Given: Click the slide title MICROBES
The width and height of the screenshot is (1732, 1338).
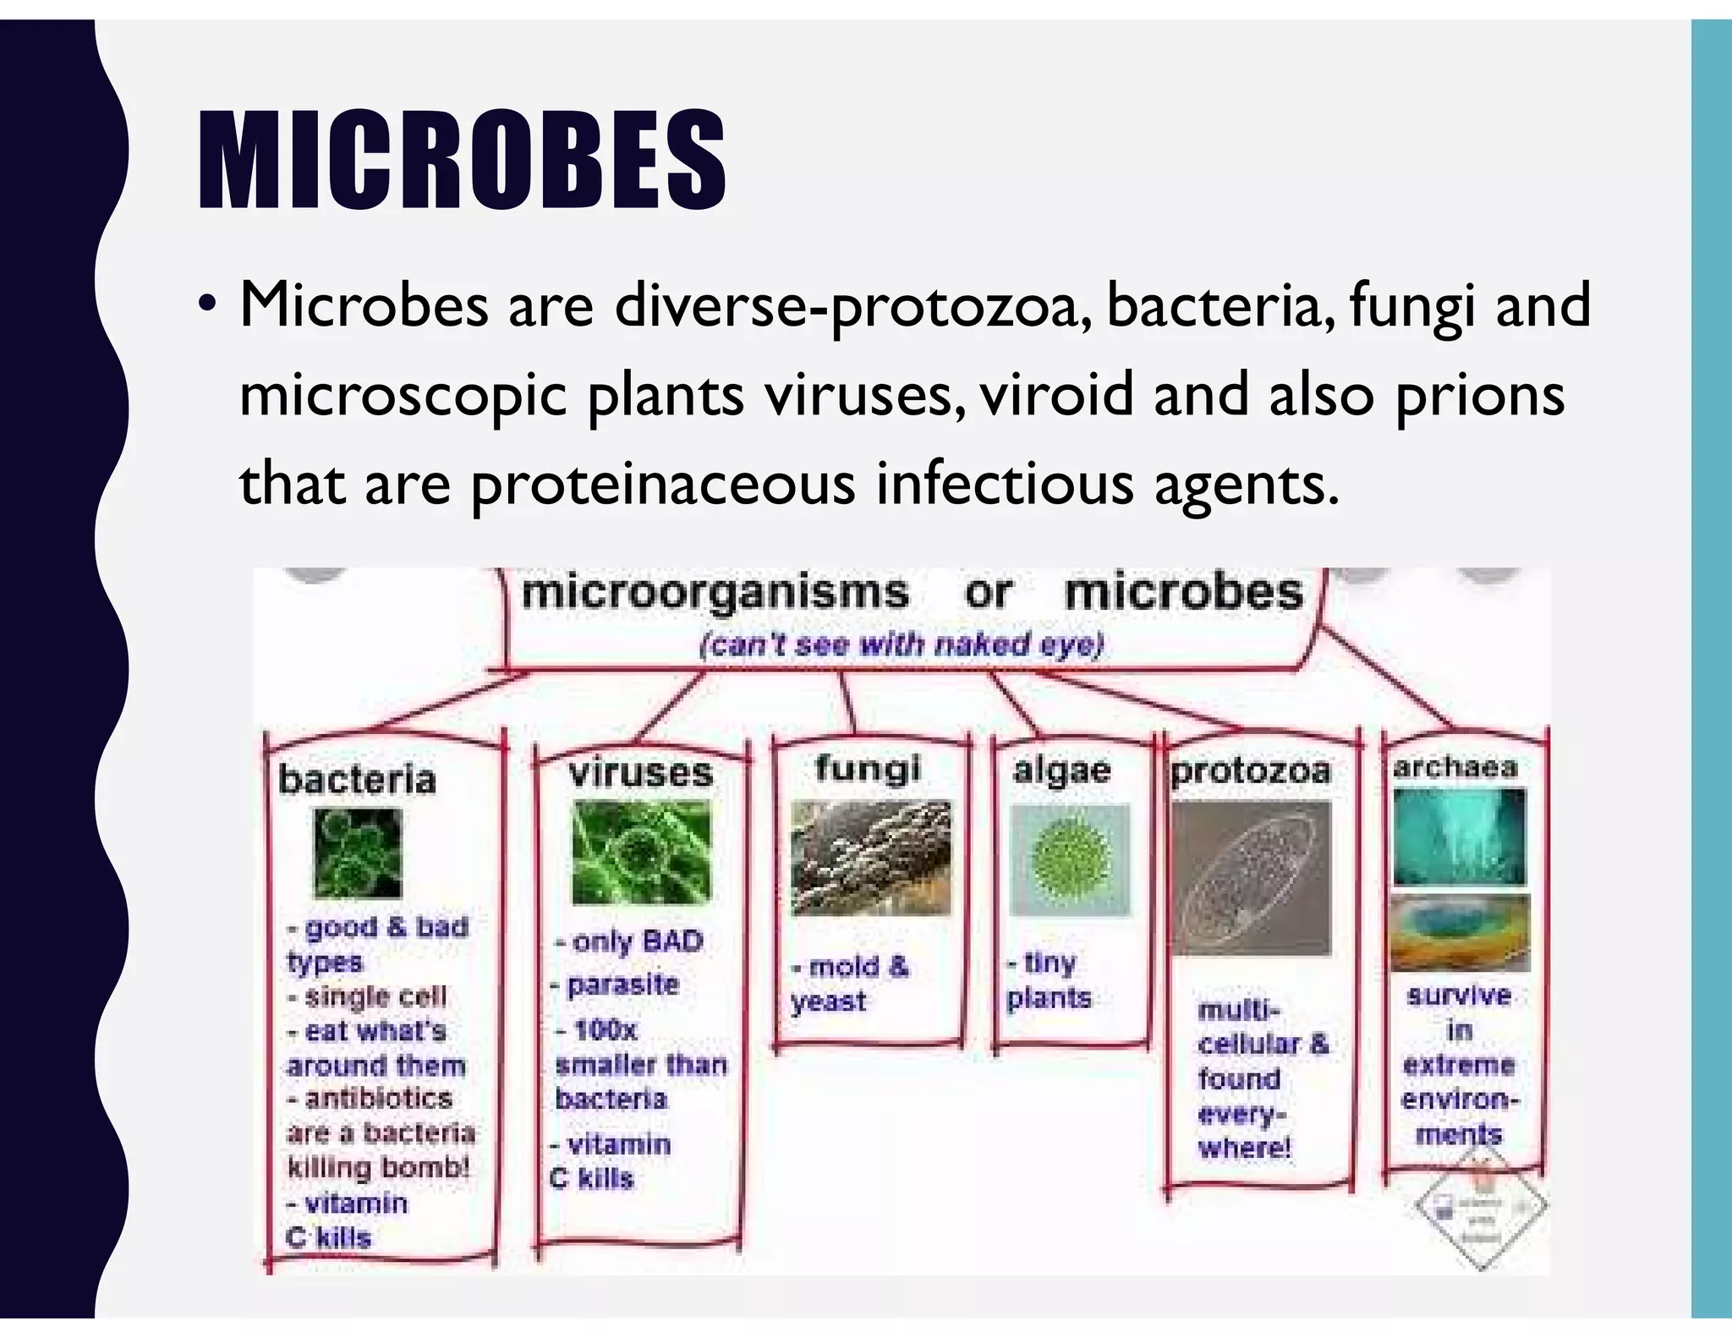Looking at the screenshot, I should (x=462, y=161).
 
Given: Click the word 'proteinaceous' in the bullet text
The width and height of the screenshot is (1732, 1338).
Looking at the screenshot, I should (x=662, y=485).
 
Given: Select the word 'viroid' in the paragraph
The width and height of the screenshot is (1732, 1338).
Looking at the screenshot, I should (x=1056, y=394).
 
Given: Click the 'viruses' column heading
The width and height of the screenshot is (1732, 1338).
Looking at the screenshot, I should (x=641, y=773).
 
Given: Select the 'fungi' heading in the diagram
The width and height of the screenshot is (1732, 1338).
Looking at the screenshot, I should (x=868, y=768).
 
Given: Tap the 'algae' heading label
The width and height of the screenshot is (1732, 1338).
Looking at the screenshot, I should (x=1062, y=770).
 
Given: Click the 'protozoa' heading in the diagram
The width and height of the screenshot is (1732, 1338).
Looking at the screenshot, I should (x=1251, y=770).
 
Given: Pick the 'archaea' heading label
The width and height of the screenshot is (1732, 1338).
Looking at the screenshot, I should (x=1455, y=767).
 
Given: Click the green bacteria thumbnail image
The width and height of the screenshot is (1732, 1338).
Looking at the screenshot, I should (x=358, y=853).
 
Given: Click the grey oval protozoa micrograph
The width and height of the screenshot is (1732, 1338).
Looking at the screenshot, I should (x=1251, y=878).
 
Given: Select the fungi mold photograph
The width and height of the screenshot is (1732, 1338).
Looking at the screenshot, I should (x=870, y=858).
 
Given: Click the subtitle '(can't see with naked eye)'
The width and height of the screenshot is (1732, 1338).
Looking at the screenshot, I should (x=902, y=645).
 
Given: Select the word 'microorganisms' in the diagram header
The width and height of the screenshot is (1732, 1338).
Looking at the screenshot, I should (x=715, y=592).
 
